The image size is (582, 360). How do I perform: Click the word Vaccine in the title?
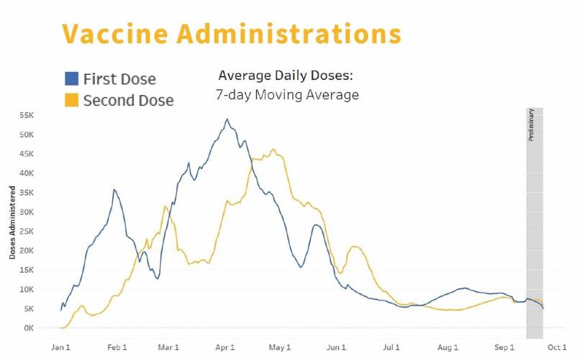click(115, 33)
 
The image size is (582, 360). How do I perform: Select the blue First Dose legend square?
click(71, 78)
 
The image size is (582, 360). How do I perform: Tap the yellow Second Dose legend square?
click(71, 100)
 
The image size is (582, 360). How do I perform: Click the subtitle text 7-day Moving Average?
click(287, 95)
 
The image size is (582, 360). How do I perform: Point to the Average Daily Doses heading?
click(286, 76)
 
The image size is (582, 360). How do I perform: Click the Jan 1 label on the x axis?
click(61, 348)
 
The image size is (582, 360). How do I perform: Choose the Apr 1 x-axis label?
click(227, 348)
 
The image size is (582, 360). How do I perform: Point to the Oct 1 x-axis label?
click(558, 348)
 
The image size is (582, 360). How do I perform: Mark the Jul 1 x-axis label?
click(391, 348)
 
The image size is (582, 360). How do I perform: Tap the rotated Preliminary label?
click(532, 124)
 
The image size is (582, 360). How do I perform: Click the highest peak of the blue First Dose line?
click(227, 120)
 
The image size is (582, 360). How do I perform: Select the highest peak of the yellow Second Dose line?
click(273, 150)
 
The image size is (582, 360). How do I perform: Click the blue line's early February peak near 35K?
click(114, 189)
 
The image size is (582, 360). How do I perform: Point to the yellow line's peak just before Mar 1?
click(165, 207)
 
